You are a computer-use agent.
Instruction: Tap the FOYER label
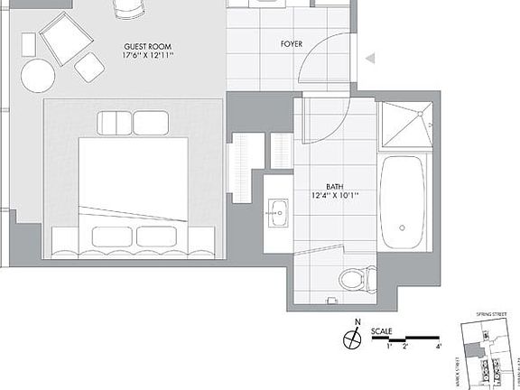coord(292,43)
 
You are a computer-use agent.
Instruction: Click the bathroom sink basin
coord(278,214)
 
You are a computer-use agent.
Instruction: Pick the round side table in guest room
coord(38,76)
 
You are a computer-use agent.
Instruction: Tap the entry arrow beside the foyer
coord(369,60)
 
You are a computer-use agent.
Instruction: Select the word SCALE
coord(383,330)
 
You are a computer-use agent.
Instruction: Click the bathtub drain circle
coord(402,228)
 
